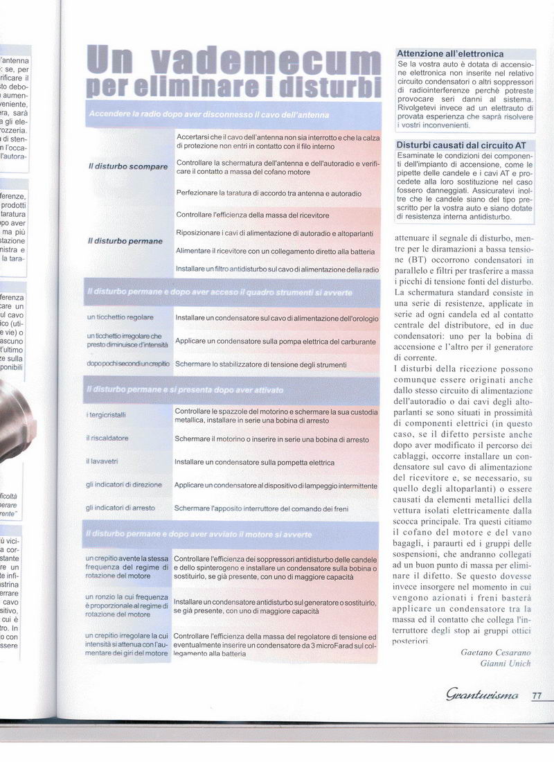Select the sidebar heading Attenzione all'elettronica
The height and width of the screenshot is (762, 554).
450,53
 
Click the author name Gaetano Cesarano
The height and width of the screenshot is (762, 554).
494,651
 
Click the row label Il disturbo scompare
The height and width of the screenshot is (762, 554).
128,167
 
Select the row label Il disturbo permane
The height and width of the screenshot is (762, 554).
125,241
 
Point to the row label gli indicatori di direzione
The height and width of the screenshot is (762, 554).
124,484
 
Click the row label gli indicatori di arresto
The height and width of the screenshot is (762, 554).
120,508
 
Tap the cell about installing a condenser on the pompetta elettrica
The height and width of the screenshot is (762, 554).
254,462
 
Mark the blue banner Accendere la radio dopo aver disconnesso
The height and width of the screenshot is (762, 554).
208,114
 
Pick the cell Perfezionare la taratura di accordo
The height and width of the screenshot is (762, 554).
269,193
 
